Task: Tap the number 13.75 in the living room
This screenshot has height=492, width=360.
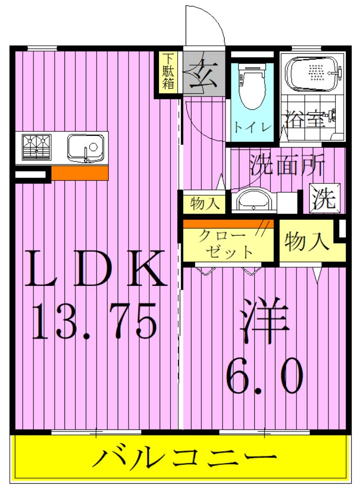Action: pyautogui.click(x=95, y=320)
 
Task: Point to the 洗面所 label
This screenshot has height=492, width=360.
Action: pyautogui.click(x=287, y=166)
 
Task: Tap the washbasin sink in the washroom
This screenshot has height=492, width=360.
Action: pyautogui.click(x=251, y=201)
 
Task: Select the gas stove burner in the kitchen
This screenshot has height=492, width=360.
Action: pyautogui.click(x=36, y=146)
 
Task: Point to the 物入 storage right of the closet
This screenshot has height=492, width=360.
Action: pyautogui.click(x=306, y=242)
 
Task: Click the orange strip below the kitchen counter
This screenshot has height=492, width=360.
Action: pyautogui.click(x=79, y=173)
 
